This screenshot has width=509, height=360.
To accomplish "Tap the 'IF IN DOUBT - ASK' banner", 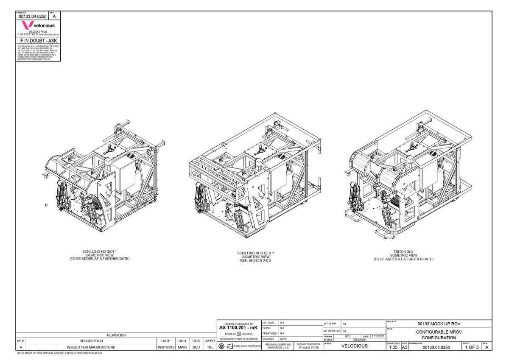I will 38,41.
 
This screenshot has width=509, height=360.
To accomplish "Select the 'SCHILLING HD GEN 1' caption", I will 99,251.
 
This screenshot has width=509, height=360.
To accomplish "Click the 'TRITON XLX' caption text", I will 403,251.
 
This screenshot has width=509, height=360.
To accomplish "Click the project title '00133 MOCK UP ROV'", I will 439,324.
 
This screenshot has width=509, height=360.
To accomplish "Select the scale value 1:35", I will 393,347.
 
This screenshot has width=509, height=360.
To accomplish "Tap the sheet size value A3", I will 404,347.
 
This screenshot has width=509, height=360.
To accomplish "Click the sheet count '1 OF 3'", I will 472,347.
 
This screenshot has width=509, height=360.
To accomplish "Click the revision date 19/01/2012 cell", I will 166,347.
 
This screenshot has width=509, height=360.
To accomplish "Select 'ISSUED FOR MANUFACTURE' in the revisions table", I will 91,347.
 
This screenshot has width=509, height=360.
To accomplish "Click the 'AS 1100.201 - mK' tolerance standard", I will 238,328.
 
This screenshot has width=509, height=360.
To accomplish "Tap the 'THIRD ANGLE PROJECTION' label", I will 247,346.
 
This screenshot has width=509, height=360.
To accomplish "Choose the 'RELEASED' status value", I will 359,340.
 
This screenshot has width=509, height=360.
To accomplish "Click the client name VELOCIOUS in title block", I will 355,346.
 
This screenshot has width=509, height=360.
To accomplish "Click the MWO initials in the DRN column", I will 182,347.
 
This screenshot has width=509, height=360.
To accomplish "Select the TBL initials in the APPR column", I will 210,347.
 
